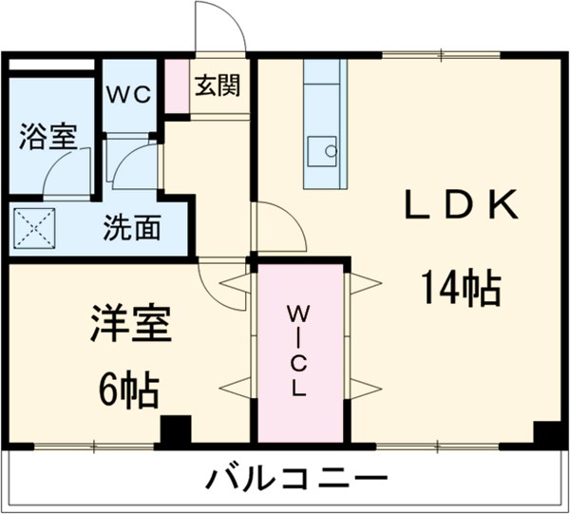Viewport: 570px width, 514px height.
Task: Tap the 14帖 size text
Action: click(462, 286)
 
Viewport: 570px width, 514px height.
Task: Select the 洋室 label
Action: click(131, 324)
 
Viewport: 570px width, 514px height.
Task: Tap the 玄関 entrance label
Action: click(218, 86)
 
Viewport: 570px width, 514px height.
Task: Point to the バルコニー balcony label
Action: click(296, 478)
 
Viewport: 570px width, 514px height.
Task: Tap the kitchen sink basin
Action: click(324, 149)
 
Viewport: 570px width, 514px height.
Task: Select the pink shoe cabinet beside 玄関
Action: click(177, 86)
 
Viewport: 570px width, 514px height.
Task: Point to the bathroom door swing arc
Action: click(66, 171)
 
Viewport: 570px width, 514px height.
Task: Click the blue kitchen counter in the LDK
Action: click(322, 124)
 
